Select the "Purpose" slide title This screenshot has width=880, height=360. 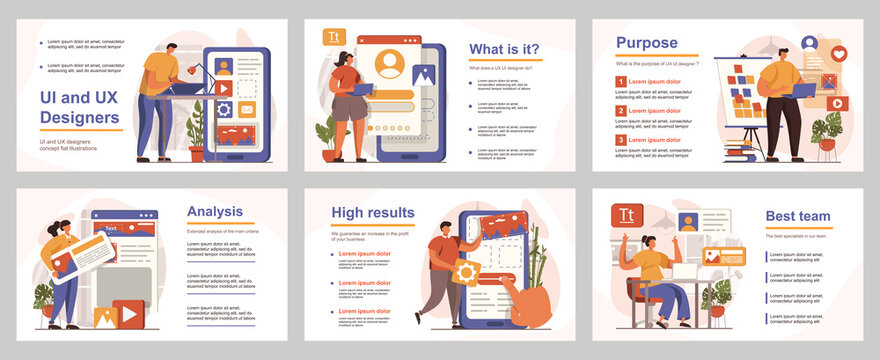646,43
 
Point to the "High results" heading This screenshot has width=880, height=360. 373,212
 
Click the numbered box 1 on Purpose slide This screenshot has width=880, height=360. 620,81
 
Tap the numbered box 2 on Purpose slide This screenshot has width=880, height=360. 620,110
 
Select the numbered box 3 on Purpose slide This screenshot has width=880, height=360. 620,140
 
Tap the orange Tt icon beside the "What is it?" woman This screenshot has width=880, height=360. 332,37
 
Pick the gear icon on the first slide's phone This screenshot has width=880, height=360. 225,108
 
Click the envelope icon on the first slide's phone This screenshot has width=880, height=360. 246,109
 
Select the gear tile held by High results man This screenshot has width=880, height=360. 465,270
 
